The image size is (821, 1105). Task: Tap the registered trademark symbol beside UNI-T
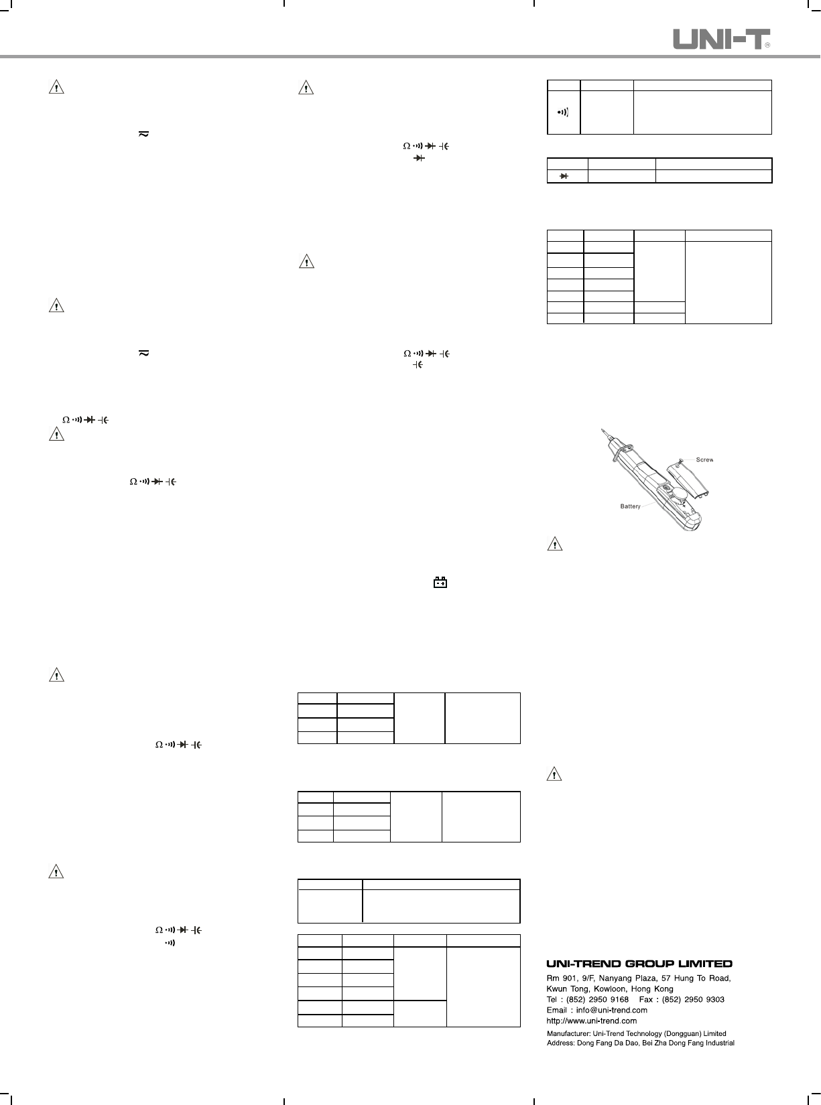click(767, 45)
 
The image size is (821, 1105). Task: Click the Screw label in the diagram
click(704, 460)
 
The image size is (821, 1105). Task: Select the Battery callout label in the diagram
click(631, 506)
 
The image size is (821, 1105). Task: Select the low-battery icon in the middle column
click(440, 583)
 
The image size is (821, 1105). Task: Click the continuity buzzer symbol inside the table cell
click(564, 112)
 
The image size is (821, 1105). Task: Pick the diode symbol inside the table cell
click(564, 176)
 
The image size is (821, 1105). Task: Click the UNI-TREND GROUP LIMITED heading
click(639, 964)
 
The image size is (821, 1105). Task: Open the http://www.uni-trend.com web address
click(592, 1021)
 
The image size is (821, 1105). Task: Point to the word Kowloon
click(611, 988)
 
